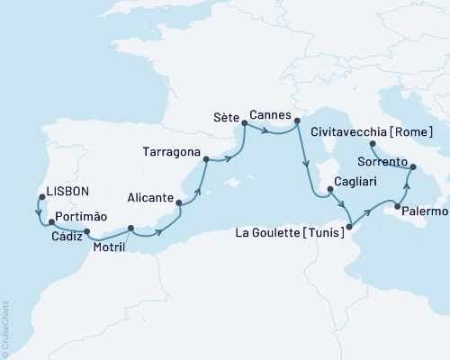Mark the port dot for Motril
(x=130, y=228)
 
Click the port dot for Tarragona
(x=206, y=160)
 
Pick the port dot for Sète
(x=244, y=130)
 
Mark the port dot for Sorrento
(x=413, y=167)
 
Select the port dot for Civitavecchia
(x=373, y=143)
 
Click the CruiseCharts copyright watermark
(x=5, y=328)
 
